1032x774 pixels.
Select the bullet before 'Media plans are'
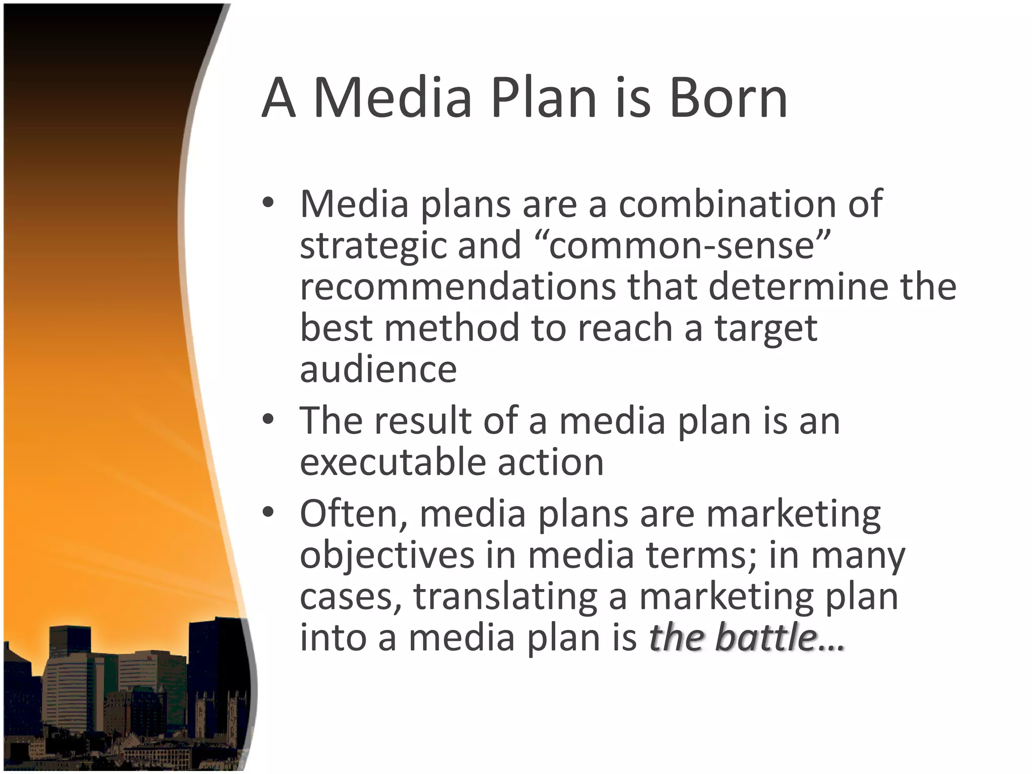tap(268, 203)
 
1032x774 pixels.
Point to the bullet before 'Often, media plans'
tap(268, 512)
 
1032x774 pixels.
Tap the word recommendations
tap(458, 286)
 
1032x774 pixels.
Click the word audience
tap(378, 369)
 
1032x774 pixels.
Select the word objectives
tap(387, 556)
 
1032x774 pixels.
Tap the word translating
tap(505, 597)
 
